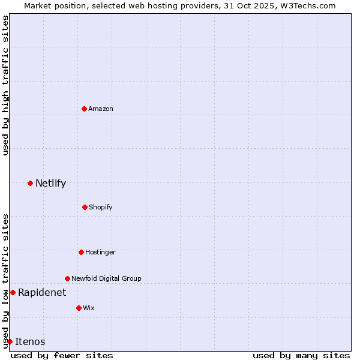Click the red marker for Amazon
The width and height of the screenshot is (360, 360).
[x=84, y=109]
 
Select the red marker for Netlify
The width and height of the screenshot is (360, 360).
[x=30, y=183]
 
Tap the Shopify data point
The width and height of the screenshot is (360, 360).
[x=85, y=207]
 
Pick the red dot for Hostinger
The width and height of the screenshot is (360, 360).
[x=81, y=252]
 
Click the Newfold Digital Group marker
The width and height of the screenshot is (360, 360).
[x=67, y=278]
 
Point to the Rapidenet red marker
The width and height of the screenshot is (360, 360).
[x=13, y=292]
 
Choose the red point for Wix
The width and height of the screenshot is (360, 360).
[x=79, y=308]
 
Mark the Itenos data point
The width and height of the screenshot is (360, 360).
[x=10, y=341]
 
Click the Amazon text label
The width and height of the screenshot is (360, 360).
[x=101, y=109]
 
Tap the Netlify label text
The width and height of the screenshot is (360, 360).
[x=50, y=183]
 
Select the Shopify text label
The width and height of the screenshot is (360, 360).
[x=101, y=207]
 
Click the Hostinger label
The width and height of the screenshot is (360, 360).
[x=100, y=252]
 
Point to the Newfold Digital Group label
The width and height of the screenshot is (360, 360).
[x=106, y=278]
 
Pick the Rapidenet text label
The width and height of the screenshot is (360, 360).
[x=42, y=292]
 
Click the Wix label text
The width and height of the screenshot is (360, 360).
[x=89, y=308]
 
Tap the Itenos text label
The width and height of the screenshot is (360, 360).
[x=30, y=341]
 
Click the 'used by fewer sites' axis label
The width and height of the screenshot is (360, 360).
[x=62, y=355]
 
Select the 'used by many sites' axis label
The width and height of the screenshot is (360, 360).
[x=301, y=355]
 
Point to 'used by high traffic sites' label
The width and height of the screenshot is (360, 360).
[x=5, y=85]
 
